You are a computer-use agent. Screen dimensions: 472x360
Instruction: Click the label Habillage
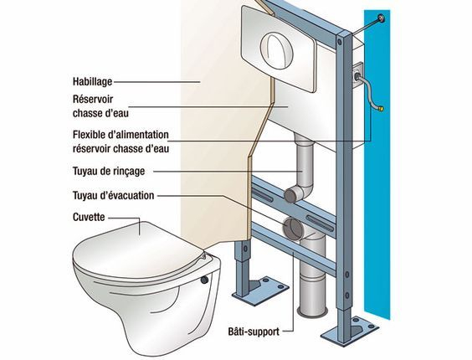[92, 81]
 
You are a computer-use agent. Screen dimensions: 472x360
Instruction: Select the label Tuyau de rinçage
[109, 171]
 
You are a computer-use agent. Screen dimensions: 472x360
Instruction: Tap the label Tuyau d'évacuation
[114, 196]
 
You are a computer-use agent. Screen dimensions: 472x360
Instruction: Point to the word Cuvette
[89, 217]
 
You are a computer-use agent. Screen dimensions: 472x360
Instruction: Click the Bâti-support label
[254, 332]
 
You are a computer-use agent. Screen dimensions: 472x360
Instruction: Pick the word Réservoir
[93, 99]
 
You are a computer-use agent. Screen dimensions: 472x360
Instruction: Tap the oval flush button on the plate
[276, 49]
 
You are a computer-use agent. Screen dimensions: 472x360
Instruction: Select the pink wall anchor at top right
[382, 18]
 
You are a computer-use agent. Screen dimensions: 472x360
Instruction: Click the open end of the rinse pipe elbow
[291, 195]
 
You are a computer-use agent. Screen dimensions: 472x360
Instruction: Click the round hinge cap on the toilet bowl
[204, 280]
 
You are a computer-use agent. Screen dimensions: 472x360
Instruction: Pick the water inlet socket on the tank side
[357, 75]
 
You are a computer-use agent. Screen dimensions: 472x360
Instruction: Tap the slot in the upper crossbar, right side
[320, 224]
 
